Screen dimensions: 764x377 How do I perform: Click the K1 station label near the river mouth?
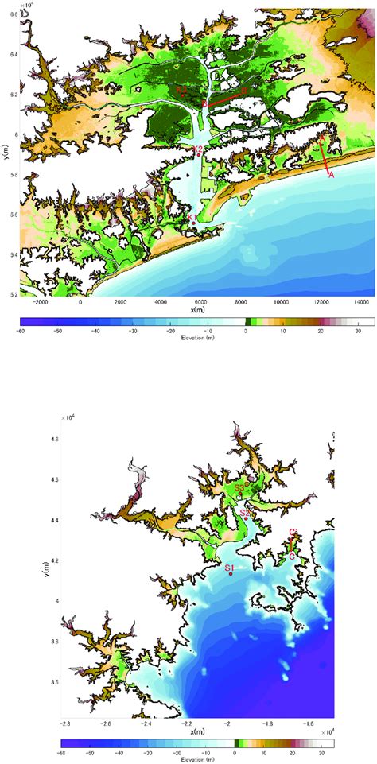pos(191,217)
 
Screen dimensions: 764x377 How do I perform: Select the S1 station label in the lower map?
pos(229,568)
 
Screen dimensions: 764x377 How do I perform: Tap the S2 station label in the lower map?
pos(245,514)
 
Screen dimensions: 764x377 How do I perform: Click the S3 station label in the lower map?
pos(239,488)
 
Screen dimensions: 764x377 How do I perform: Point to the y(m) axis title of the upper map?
pos(6,156)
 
